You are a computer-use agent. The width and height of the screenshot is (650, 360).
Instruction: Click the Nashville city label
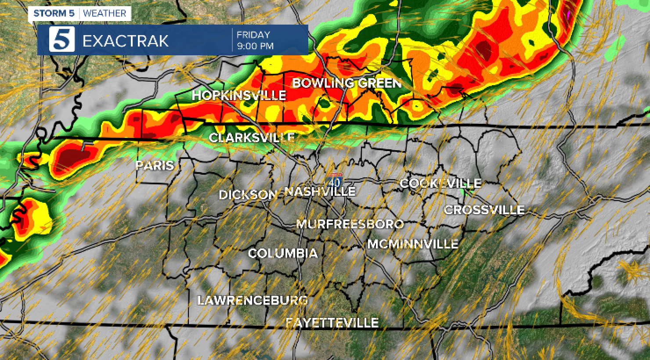[x=320, y=192]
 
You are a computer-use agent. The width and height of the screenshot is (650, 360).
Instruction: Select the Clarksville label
[x=252, y=137]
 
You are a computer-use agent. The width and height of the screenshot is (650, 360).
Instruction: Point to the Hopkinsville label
[x=239, y=95]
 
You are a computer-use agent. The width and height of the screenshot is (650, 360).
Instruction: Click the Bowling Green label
[x=346, y=83]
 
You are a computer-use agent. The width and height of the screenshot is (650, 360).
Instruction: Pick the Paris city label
[x=155, y=166]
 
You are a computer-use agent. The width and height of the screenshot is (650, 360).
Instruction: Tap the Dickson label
[x=248, y=194]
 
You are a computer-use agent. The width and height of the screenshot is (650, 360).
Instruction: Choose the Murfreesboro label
[x=350, y=224]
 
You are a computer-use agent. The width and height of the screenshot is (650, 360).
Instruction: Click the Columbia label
[x=283, y=253]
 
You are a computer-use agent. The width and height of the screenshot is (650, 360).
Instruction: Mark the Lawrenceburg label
[x=253, y=300]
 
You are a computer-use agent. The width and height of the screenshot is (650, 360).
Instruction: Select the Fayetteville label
[x=332, y=323]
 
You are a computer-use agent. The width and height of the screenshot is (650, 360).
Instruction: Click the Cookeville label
[x=440, y=183]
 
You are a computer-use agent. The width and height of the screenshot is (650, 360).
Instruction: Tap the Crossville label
[x=484, y=210]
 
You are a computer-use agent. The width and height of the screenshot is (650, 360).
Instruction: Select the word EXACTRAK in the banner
[x=126, y=41]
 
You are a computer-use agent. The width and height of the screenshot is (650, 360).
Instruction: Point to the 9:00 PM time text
[x=255, y=46]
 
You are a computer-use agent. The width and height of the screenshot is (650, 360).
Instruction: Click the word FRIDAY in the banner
[x=253, y=35]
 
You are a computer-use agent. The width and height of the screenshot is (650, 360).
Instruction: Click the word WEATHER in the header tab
[x=105, y=14]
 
